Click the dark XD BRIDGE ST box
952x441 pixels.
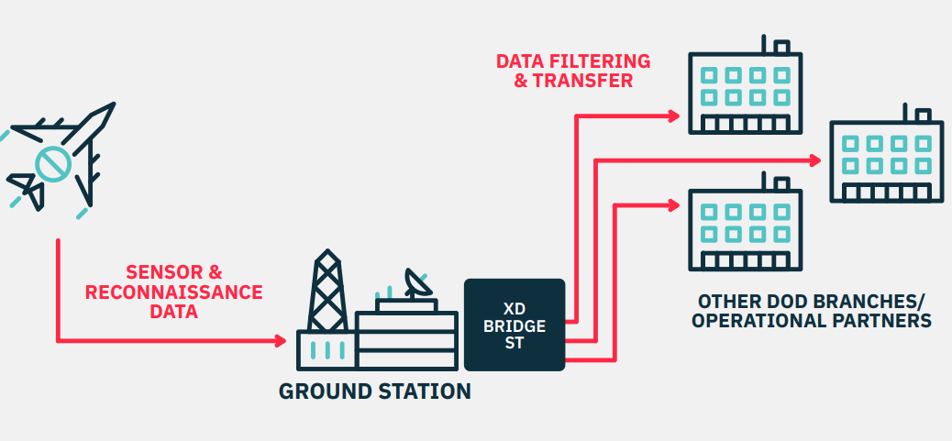[514, 325]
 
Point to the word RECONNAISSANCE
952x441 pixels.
[174, 292]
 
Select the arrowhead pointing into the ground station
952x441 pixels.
[280, 341]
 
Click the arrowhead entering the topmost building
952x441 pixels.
[673, 116]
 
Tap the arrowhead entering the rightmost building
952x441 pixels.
[815, 160]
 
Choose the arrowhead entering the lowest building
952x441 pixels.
[673, 204]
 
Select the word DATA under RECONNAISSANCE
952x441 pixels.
[174, 313]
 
